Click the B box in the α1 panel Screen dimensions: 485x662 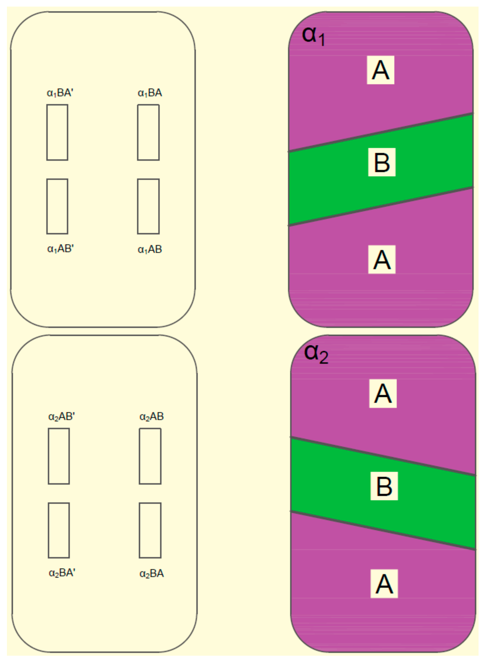coord(382,162)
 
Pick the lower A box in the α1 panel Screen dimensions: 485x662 coord(382,259)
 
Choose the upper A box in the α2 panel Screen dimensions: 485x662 coord(383,393)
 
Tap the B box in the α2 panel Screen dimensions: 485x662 coord(384,486)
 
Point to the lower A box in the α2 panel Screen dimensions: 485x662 coord(384,584)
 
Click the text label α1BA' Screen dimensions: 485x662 coord(60,93)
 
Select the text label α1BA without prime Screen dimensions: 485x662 coord(150,93)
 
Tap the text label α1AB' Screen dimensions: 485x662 coord(60,249)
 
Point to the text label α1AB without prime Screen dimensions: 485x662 coord(150,250)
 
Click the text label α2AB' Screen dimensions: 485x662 coord(61,417)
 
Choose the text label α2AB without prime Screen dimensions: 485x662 coord(151,417)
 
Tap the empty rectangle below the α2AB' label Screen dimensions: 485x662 coord(59,456)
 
